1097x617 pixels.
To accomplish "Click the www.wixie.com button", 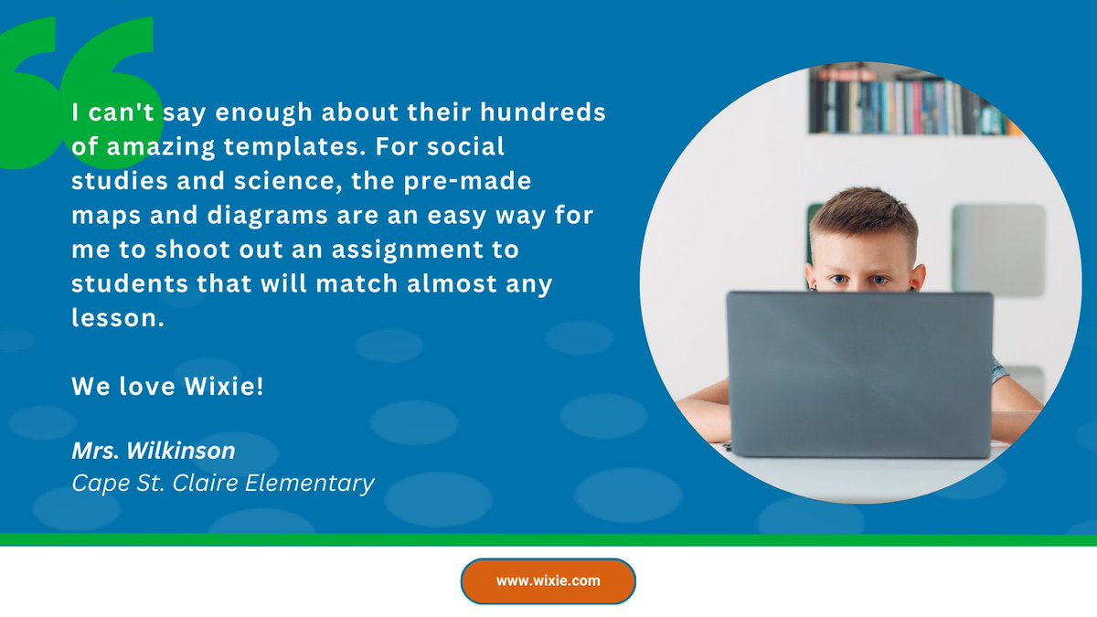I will pyautogui.click(x=548, y=580).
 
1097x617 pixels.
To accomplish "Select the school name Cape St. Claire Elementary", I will pyautogui.click(x=223, y=482).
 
